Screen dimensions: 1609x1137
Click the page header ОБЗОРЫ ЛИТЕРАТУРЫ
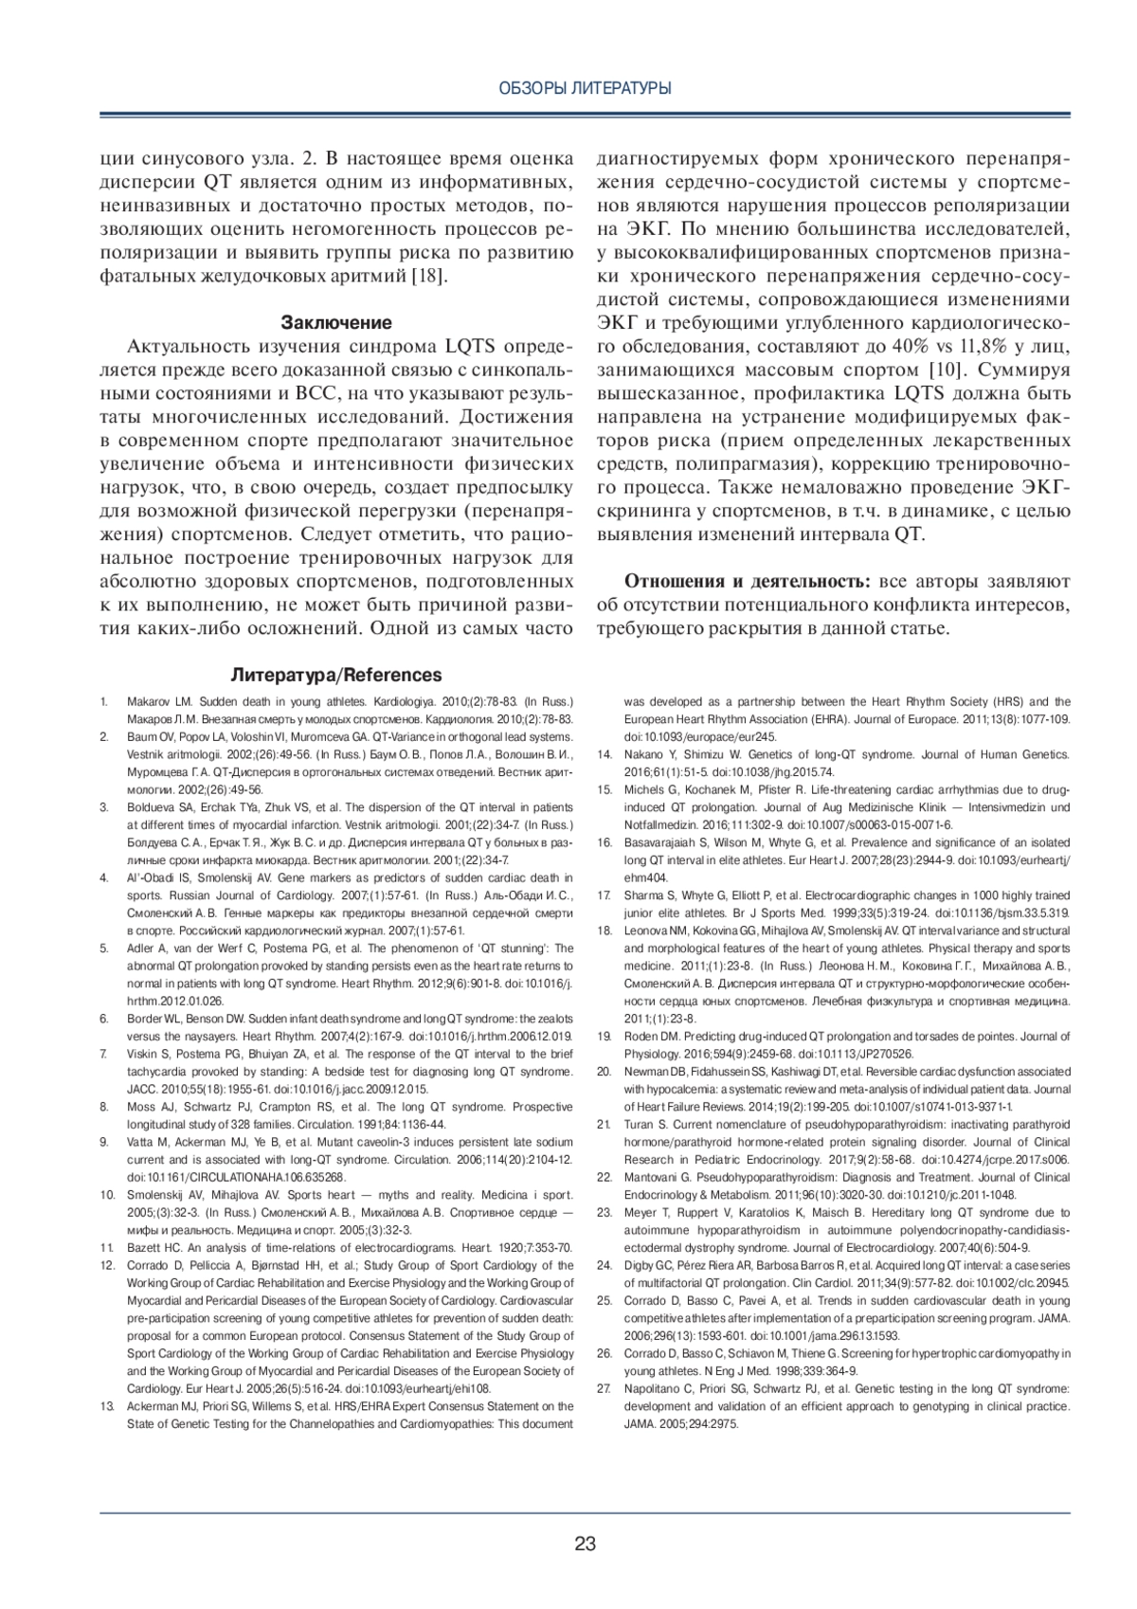(x=585, y=88)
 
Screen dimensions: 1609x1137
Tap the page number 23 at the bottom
(x=585, y=1544)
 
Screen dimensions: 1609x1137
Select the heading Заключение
(x=336, y=322)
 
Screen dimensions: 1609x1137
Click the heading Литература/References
(x=336, y=676)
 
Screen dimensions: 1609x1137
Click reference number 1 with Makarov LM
(x=103, y=702)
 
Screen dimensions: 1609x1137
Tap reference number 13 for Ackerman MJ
(x=106, y=1406)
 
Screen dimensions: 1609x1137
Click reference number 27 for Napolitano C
(x=604, y=1388)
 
